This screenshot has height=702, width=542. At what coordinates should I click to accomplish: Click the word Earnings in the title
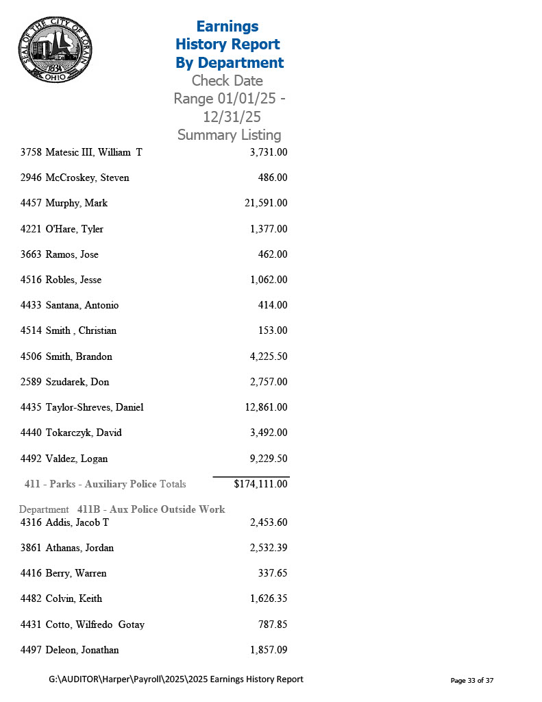[227, 26]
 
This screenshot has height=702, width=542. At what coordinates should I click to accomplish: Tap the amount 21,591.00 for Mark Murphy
[266, 203]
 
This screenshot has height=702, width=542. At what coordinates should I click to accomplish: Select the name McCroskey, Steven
[87, 178]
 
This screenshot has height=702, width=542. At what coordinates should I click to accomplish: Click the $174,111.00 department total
[260, 484]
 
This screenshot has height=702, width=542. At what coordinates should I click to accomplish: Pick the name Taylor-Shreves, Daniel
[95, 407]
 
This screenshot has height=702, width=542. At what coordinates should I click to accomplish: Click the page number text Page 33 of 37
[471, 680]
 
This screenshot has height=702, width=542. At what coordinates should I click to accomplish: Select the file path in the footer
[176, 679]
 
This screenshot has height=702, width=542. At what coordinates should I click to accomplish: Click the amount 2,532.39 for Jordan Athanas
[269, 548]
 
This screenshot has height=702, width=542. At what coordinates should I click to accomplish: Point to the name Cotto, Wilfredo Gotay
[95, 625]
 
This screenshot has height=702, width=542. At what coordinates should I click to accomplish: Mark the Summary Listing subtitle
[229, 135]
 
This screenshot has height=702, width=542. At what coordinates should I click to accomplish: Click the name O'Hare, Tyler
[74, 229]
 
